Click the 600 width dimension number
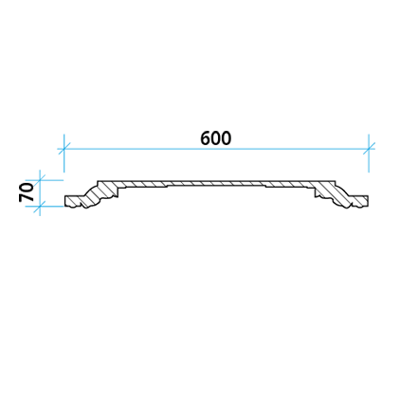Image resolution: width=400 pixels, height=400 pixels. coord(216,138)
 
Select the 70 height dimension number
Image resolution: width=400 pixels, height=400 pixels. coord(27,192)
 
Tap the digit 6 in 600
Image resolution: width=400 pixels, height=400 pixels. coord(206,138)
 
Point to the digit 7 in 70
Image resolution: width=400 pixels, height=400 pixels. coord(27,197)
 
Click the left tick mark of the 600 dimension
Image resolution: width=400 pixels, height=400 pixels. coord(64,148)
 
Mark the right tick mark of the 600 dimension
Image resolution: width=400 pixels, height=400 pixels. coord(369,148)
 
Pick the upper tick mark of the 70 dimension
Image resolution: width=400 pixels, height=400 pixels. coord(40,180)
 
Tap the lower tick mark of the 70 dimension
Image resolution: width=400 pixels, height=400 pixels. coord(40,207)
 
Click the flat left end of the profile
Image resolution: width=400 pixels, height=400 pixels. coord(65,201)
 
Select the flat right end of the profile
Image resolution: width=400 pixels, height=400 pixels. coord(368,201)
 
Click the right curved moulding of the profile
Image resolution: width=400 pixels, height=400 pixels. coord(335,196)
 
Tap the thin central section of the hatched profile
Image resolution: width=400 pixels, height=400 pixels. coord(216,184)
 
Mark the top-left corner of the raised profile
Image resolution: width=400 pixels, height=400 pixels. coord(98,181)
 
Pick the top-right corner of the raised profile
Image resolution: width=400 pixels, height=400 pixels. coord(335,181)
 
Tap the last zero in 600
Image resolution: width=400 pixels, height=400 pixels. coord(227,138)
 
